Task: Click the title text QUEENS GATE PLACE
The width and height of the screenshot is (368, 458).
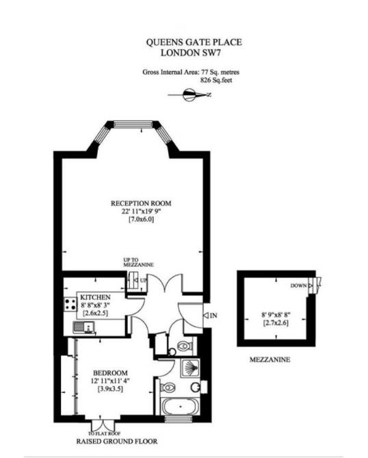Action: pos(194,42)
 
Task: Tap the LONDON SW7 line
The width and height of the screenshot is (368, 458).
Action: pos(194,51)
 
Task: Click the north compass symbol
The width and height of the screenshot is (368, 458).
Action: pos(194,95)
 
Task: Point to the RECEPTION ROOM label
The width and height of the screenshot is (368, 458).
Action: pos(142,203)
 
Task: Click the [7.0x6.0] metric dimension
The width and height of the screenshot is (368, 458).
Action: pos(142,220)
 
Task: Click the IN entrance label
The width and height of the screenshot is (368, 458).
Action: pos(213,316)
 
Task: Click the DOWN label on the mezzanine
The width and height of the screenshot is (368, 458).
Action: pos(298,285)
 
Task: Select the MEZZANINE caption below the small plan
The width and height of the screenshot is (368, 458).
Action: pos(271,359)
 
